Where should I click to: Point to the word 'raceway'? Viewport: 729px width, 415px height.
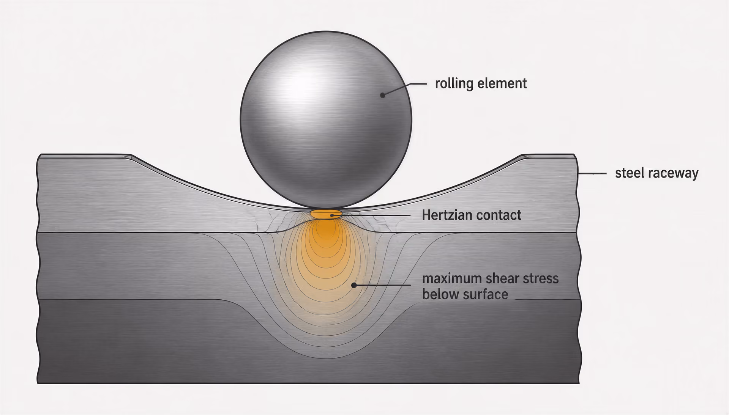click(673, 174)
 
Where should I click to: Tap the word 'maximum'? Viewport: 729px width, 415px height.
click(452, 279)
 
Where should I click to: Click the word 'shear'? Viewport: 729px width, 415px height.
click(502, 278)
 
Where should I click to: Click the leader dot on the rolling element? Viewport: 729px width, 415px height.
click(383, 95)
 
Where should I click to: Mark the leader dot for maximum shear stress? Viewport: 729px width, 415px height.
click(354, 285)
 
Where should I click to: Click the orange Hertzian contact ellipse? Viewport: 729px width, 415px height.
click(326, 214)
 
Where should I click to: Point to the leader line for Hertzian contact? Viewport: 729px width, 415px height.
click(371, 215)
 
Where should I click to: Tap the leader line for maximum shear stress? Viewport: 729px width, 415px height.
click(382, 285)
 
